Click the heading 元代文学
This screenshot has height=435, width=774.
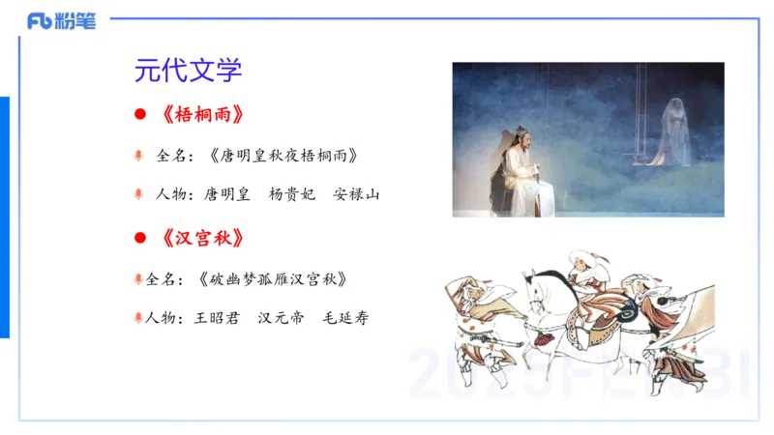click(188, 71)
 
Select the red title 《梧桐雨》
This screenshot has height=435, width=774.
click(203, 114)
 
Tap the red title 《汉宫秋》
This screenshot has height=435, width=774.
click(203, 238)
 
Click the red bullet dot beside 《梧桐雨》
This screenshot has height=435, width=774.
click(139, 115)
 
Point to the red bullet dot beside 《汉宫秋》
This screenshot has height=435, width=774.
click(139, 238)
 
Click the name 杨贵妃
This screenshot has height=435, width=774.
click(291, 194)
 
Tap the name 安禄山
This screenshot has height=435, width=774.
click(356, 194)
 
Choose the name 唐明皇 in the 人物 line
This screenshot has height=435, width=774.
click(226, 194)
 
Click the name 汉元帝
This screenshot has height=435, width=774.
click(281, 318)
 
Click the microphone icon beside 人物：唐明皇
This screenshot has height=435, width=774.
click(139, 195)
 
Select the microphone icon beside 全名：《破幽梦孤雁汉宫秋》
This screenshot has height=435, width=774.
click(139, 279)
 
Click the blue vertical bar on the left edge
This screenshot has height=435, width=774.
click(5, 217)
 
